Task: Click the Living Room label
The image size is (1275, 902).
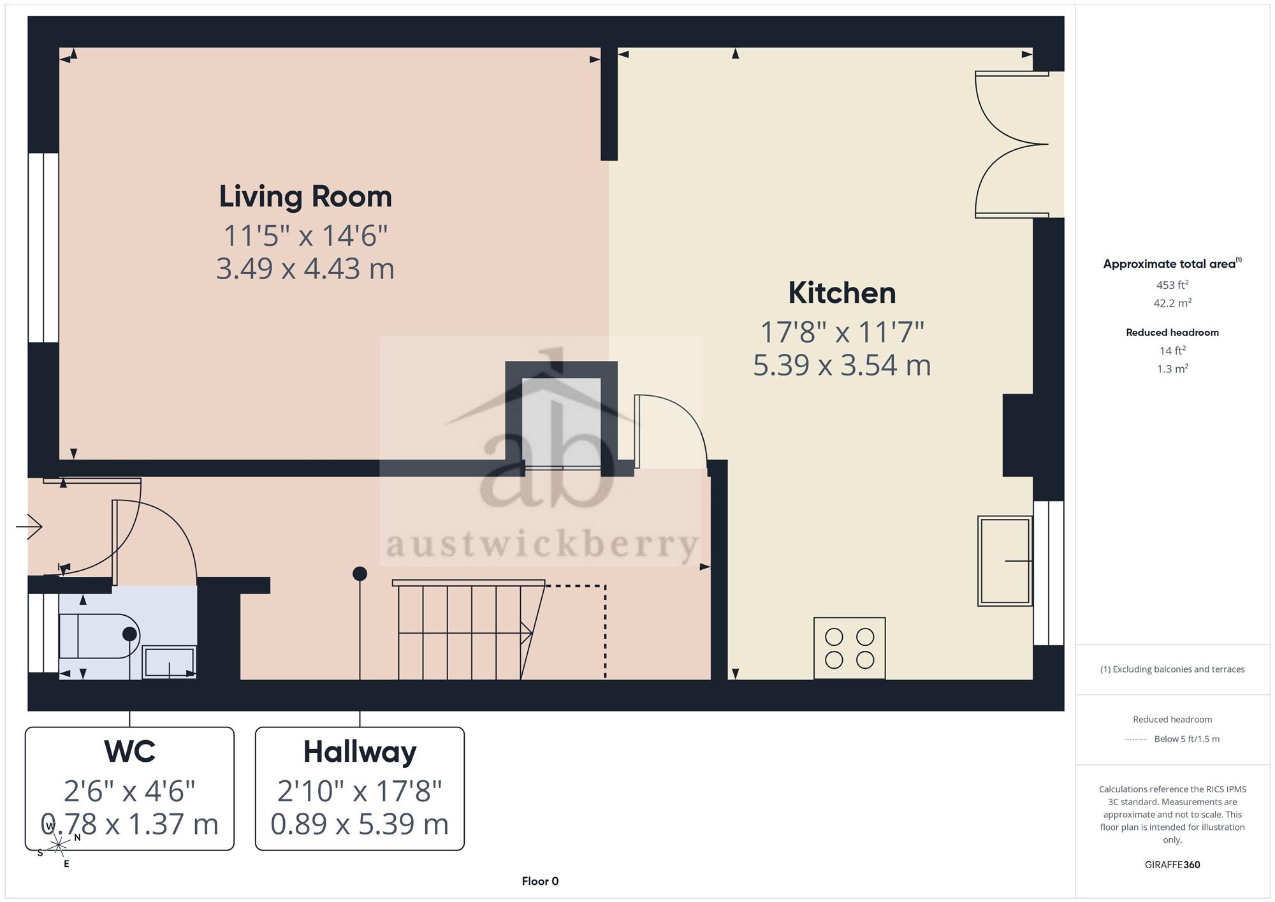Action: pyautogui.click(x=305, y=196)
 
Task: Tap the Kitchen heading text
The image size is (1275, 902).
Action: pyautogui.click(x=842, y=293)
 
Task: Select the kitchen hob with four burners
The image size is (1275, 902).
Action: pyautogui.click(x=849, y=648)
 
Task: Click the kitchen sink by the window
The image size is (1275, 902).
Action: pyautogui.click(x=1005, y=561)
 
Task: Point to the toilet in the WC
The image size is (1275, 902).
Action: pyautogui.click(x=99, y=636)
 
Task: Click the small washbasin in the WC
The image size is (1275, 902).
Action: pyautogui.click(x=169, y=662)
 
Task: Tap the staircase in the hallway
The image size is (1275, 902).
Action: pyautogui.click(x=469, y=630)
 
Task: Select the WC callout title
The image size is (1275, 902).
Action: pyautogui.click(x=130, y=752)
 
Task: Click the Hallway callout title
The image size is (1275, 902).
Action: pyautogui.click(x=360, y=752)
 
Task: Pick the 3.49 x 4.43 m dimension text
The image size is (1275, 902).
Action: pyautogui.click(x=305, y=268)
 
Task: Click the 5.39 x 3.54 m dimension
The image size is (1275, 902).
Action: pyautogui.click(x=842, y=365)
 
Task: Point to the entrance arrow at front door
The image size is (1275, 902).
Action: pyautogui.click(x=29, y=527)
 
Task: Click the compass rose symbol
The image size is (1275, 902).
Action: pyautogui.click(x=58, y=845)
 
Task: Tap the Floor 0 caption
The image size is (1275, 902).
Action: pyautogui.click(x=540, y=882)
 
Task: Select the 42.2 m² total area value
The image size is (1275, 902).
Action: pyautogui.click(x=1172, y=303)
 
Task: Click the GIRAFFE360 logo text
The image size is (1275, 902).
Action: pyautogui.click(x=1172, y=865)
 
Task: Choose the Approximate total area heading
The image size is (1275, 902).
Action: pyautogui.click(x=1172, y=264)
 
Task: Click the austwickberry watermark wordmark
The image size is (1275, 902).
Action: pyautogui.click(x=542, y=545)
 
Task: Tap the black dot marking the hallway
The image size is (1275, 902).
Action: pyautogui.click(x=360, y=574)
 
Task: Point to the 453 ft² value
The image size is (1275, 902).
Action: pyautogui.click(x=1172, y=285)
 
